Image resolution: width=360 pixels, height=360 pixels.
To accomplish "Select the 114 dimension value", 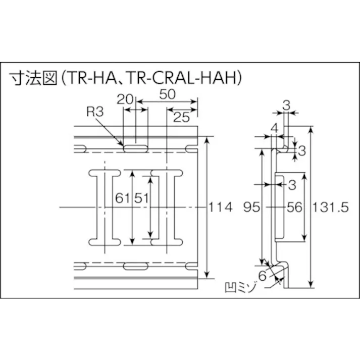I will point(220,207).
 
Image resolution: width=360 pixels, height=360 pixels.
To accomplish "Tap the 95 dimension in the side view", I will point(251,207).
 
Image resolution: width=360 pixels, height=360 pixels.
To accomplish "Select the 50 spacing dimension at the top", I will point(168,94).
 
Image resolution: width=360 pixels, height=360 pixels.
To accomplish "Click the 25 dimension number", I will point(182,117).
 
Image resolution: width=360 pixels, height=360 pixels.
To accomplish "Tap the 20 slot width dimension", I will point(125,99).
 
